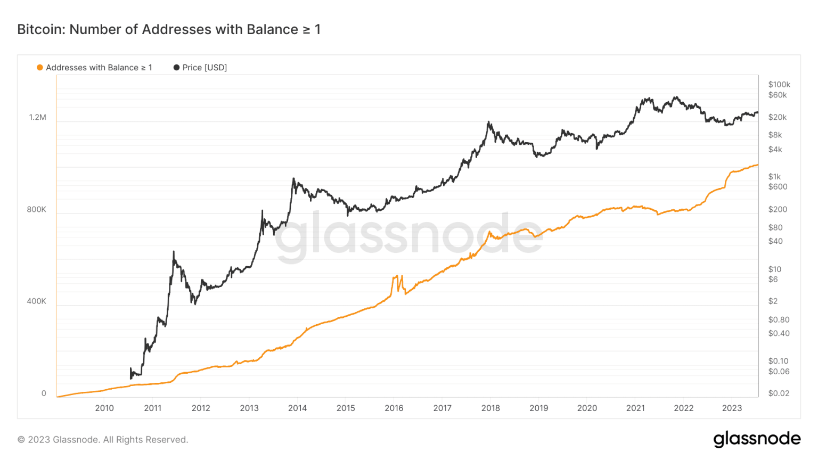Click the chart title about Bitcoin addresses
(169, 29)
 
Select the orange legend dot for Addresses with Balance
(39, 68)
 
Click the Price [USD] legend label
(204, 68)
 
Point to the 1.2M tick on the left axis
(38, 117)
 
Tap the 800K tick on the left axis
(37, 209)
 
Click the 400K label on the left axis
(37, 301)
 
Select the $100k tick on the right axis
(779, 84)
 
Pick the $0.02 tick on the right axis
(779, 393)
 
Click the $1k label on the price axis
(774, 176)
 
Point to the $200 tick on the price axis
(778, 209)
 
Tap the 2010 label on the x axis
(104, 408)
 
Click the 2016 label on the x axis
(394, 408)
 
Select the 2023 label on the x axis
(732, 408)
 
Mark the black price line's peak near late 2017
(488, 122)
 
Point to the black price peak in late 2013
(293, 179)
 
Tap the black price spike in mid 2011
(174, 252)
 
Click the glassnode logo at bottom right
(757, 439)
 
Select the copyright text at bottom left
(103, 440)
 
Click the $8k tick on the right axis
(775, 135)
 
